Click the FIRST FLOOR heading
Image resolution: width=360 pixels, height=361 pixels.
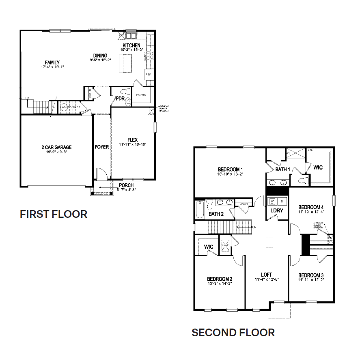pyautogui.click(x=54, y=214)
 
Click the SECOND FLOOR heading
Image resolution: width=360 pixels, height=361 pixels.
pyautogui.click(x=233, y=333)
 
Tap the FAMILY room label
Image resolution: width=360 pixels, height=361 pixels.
pyautogui.click(x=52, y=62)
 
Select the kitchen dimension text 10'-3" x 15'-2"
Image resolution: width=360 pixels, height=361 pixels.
pyautogui.click(x=131, y=50)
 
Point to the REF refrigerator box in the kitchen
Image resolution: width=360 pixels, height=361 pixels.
pyautogui.click(x=148, y=75)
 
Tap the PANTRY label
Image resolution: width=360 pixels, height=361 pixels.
pyautogui.click(x=141, y=95)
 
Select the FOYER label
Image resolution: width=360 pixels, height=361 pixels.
pyautogui.click(x=102, y=147)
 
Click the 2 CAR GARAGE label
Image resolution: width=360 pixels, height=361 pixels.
pyautogui.click(x=56, y=147)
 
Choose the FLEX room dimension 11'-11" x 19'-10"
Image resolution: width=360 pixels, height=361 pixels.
pyautogui.click(x=132, y=144)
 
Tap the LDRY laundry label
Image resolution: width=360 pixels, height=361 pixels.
pyautogui.click(x=277, y=211)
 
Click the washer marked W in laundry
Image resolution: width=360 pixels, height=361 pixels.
pyautogui.click(x=272, y=201)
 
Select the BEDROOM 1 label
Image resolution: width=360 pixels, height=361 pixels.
pyautogui.click(x=230, y=169)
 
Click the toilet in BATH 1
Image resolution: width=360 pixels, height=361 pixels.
pyautogui.click(x=302, y=179)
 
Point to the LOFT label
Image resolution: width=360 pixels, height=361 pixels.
pyautogui.click(x=266, y=275)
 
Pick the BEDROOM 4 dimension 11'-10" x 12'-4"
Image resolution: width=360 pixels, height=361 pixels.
pyautogui.click(x=311, y=211)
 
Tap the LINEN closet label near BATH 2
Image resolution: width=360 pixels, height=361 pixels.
pyautogui.click(x=244, y=204)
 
